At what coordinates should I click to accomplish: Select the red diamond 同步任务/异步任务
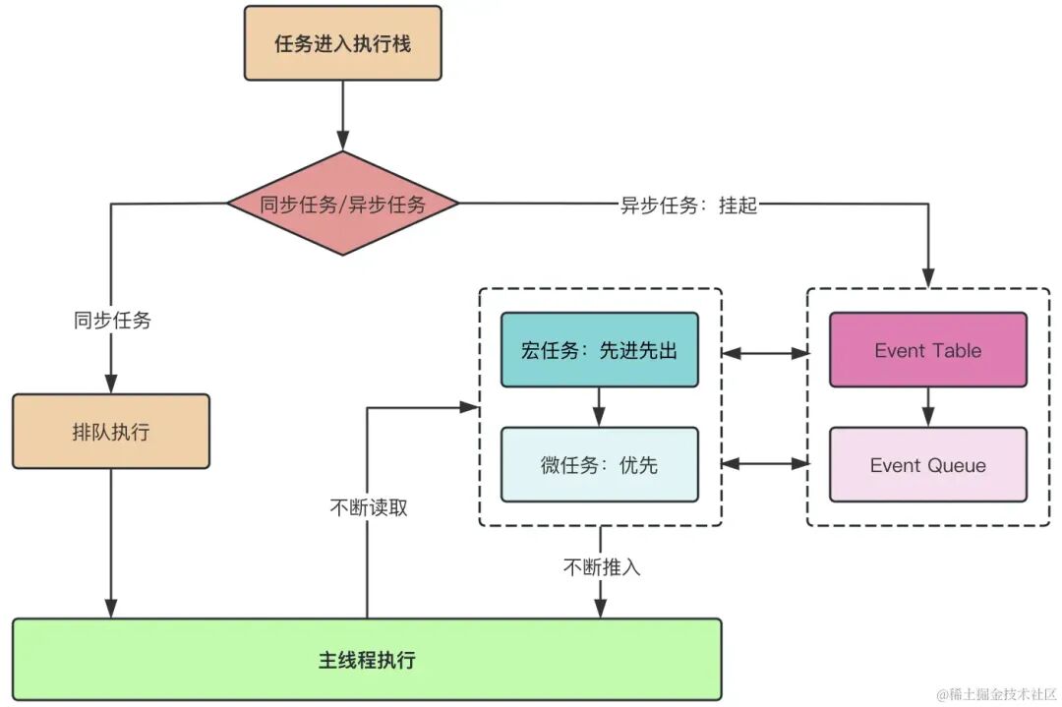pyautogui.click(x=342, y=205)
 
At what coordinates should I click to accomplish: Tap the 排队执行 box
pyautogui.click(x=110, y=432)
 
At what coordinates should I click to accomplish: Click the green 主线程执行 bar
pyautogui.click(x=367, y=659)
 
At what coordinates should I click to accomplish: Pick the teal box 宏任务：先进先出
pyautogui.click(x=599, y=350)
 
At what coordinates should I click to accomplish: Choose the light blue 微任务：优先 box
pyautogui.click(x=599, y=465)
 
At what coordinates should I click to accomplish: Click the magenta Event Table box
pyautogui.click(x=927, y=350)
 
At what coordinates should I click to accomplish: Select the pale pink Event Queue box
pyautogui.click(x=927, y=465)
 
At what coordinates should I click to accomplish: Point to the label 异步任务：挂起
pyautogui.click(x=688, y=206)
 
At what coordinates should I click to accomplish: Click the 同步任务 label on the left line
pyautogui.click(x=111, y=320)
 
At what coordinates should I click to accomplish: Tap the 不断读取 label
pyautogui.click(x=368, y=507)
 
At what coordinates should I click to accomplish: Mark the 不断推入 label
pyautogui.click(x=601, y=567)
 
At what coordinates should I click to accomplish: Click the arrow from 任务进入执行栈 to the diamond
pyautogui.click(x=342, y=114)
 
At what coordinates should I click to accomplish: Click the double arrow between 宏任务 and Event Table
pyautogui.click(x=764, y=351)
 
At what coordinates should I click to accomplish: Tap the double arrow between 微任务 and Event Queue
pyautogui.click(x=764, y=465)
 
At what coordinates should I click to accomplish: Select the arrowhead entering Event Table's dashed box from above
pyautogui.click(x=927, y=278)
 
